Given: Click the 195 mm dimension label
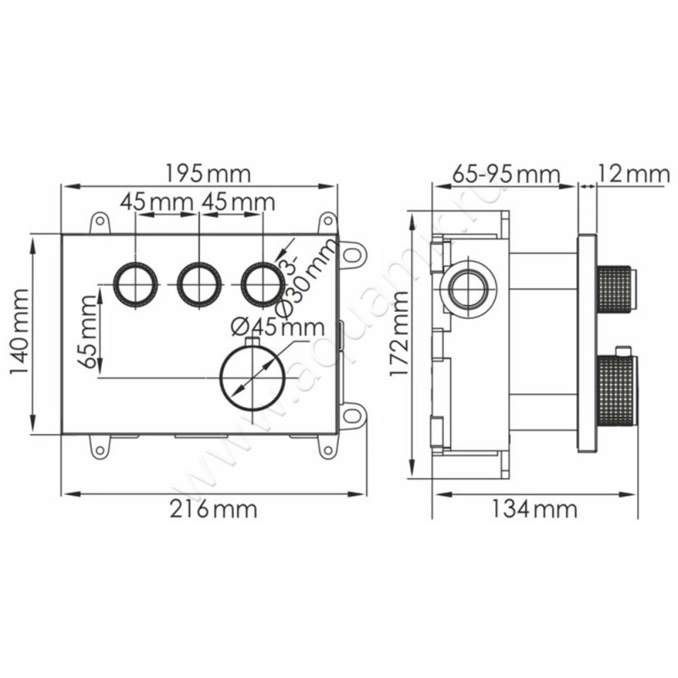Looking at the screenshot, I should pyautogui.click(x=208, y=174).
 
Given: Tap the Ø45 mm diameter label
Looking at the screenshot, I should pyautogui.click(x=277, y=326).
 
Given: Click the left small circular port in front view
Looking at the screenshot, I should pyautogui.click(x=136, y=284).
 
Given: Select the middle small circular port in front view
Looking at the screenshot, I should pyautogui.click(x=198, y=284).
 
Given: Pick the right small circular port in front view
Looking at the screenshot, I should pyautogui.click(x=261, y=284).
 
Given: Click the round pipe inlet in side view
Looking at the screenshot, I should pyautogui.click(x=465, y=289).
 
